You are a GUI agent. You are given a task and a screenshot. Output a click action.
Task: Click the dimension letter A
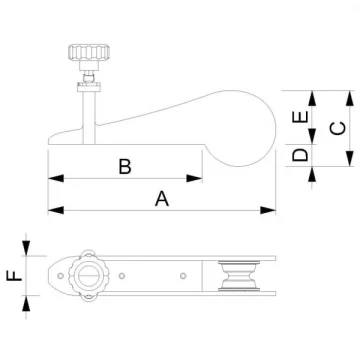pyautogui.click(x=162, y=198)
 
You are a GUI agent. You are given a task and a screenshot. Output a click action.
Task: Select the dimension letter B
pyautogui.click(x=125, y=167)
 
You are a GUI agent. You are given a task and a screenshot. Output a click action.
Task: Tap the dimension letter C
pyautogui.click(x=337, y=129)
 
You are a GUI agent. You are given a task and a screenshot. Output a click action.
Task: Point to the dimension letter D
pyautogui.click(x=300, y=155)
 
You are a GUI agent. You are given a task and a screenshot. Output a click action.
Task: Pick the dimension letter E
pyautogui.click(x=300, y=117)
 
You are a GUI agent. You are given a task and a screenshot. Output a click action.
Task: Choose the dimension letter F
pyautogui.click(x=14, y=276)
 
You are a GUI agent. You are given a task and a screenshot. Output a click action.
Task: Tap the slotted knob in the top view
pyautogui.click(x=89, y=276)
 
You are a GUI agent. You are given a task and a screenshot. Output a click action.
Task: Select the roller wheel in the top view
pyautogui.click(x=239, y=276)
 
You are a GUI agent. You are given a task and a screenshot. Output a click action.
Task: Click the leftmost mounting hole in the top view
pyautogui.click(x=60, y=276)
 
